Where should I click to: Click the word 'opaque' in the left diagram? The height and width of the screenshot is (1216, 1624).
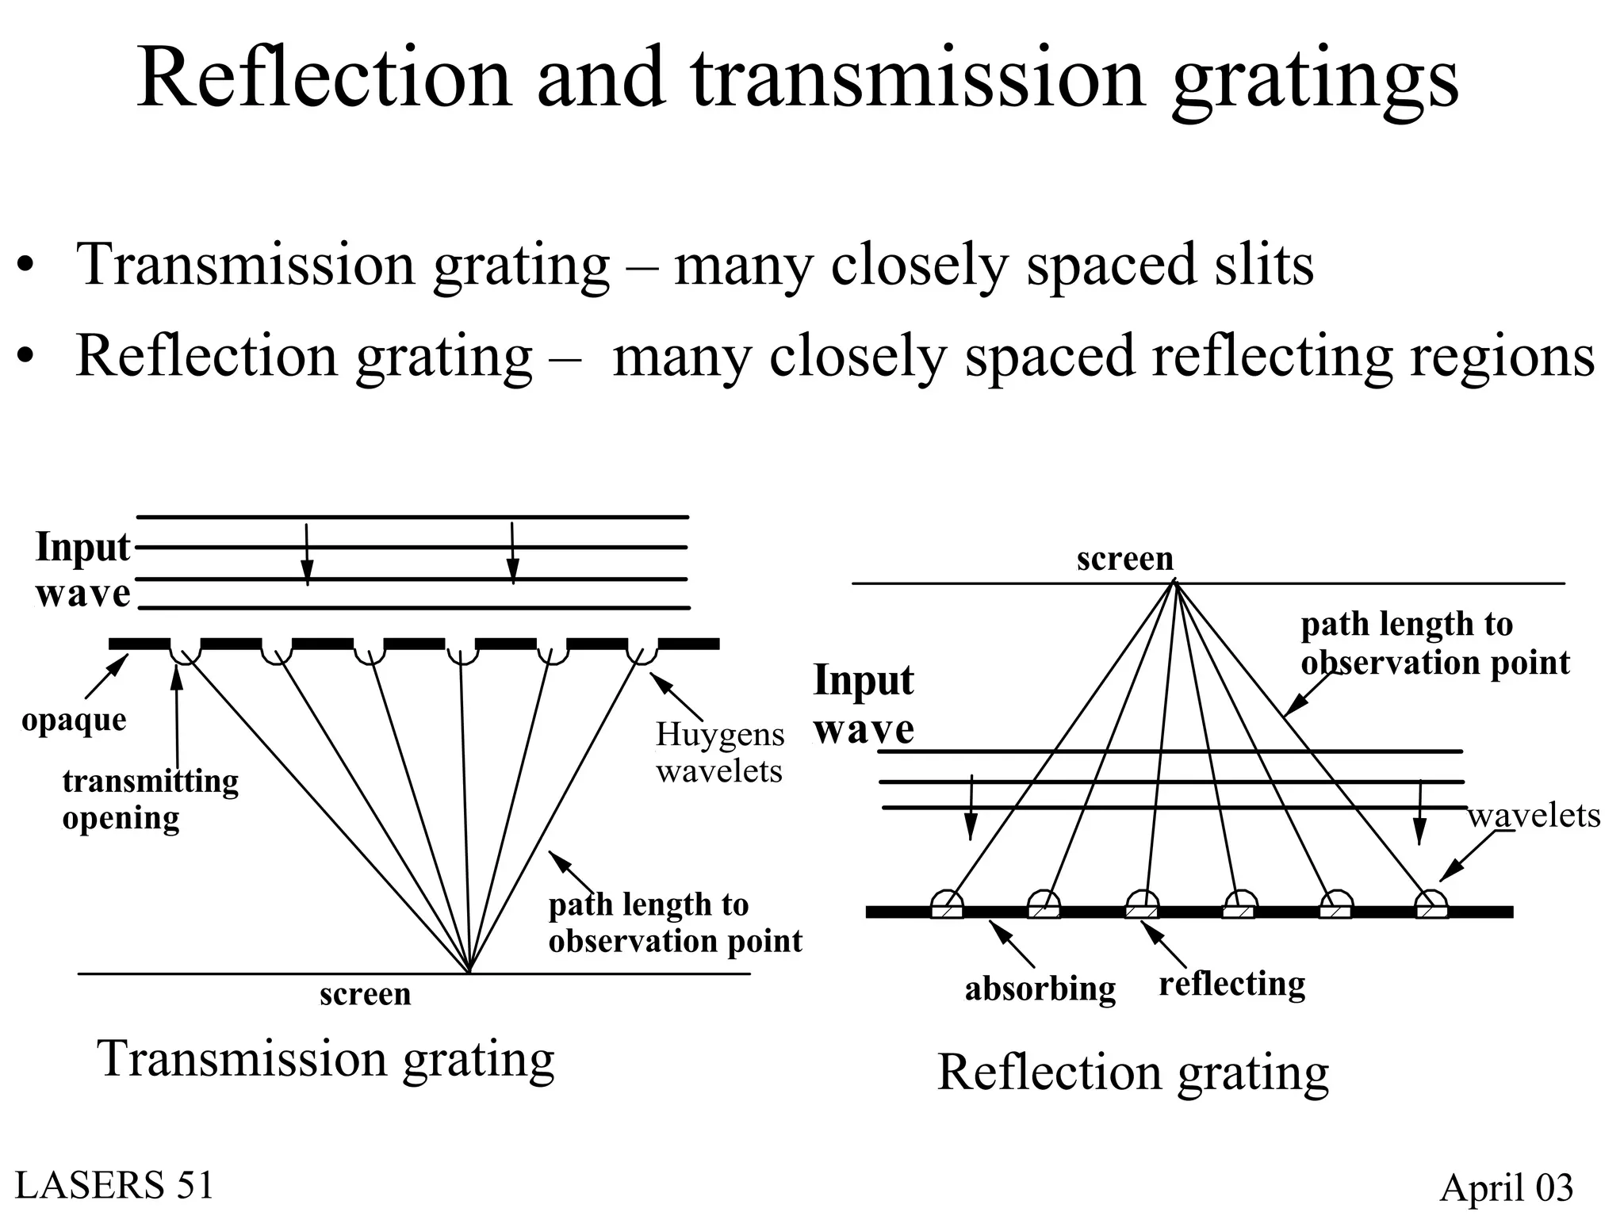click(74, 721)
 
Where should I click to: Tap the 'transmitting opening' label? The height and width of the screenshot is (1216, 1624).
click(150, 799)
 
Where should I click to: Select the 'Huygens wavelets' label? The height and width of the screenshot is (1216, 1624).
click(719, 752)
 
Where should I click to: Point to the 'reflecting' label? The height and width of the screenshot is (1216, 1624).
click(1231, 985)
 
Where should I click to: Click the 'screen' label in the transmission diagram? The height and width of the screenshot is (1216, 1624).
click(365, 994)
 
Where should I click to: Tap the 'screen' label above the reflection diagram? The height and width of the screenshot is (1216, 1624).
click(1124, 559)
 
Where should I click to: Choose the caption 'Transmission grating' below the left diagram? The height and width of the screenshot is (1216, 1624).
click(325, 1059)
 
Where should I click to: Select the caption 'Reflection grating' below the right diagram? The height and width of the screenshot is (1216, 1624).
click(1132, 1073)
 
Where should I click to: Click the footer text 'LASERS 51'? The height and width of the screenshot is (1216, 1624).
click(114, 1186)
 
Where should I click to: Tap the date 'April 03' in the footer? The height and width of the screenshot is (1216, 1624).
click(1506, 1187)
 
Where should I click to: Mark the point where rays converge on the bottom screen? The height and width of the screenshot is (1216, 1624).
click(469, 972)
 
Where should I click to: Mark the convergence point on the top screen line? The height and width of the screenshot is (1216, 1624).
click(1174, 583)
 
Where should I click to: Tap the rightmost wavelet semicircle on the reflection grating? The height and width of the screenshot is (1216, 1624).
click(1431, 901)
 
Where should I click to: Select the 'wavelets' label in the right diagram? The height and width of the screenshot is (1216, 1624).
click(1534, 816)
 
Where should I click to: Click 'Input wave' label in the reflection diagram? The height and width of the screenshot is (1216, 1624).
click(864, 704)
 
